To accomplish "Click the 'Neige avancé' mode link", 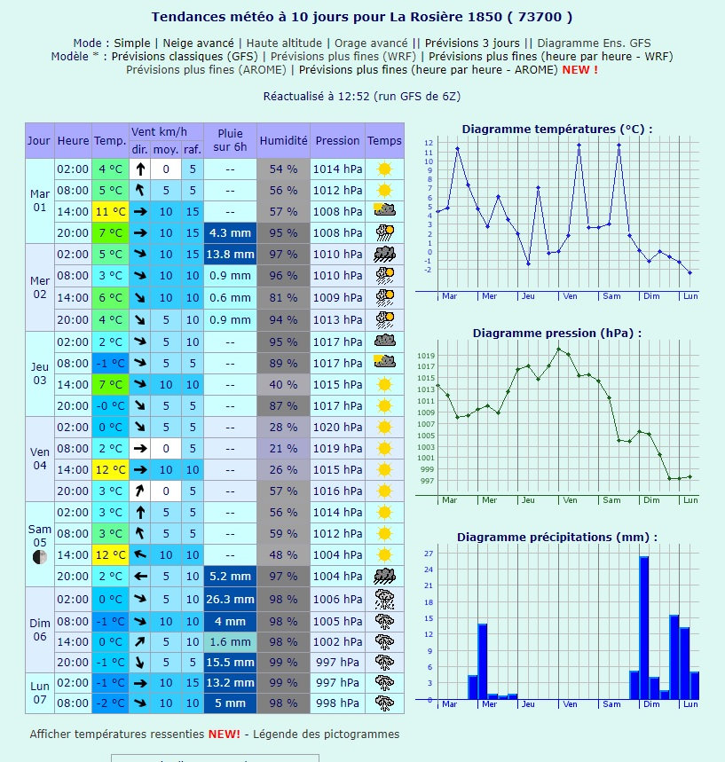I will pyautogui.click(x=199, y=43).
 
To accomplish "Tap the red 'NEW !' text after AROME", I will pyautogui.click(x=579, y=69).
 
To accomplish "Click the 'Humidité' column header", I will pyautogui.click(x=283, y=140).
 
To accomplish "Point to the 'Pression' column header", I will pyautogui.click(x=337, y=140).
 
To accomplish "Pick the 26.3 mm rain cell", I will pyautogui.click(x=230, y=599).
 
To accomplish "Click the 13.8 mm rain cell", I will pyautogui.click(x=230, y=254).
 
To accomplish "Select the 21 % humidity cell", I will pyautogui.click(x=283, y=448).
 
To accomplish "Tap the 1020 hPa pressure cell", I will pyautogui.click(x=337, y=427).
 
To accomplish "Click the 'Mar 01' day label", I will pyautogui.click(x=40, y=200).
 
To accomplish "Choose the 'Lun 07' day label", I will pyautogui.click(x=40, y=693).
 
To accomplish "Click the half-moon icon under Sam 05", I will pyautogui.click(x=39, y=557).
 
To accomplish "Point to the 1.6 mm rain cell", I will pyautogui.click(x=230, y=641).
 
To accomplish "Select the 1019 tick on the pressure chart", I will pyautogui.click(x=428, y=356).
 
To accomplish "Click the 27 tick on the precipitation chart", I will pyautogui.click(x=429, y=554).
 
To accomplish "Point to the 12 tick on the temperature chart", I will pyautogui.click(x=429, y=143).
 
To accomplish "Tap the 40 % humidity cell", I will pyautogui.click(x=283, y=384).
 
